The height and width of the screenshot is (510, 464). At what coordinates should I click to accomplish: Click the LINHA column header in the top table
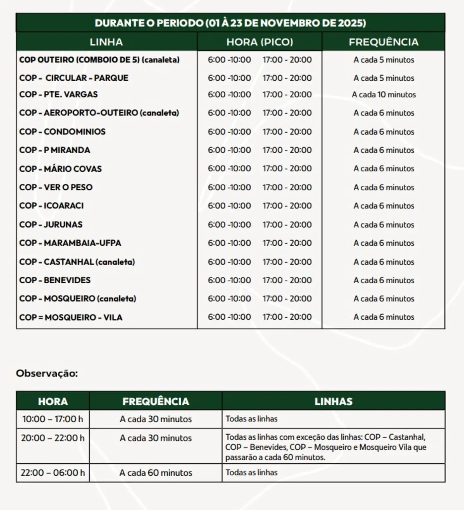click(106, 42)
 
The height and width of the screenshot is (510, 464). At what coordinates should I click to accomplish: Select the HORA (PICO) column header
click(260, 42)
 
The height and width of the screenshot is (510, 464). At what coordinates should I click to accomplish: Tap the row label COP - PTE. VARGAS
click(58, 94)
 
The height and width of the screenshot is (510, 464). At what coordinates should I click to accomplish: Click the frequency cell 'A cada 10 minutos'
click(383, 95)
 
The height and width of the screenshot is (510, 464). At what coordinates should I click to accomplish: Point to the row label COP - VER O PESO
click(56, 187)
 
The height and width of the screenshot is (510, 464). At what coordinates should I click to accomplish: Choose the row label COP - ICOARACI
click(51, 206)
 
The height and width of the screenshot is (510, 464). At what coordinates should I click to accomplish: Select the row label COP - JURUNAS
click(51, 224)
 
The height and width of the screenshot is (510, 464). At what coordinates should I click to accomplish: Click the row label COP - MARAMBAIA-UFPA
click(70, 243)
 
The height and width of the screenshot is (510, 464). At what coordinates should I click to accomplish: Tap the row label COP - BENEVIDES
click(55, 280)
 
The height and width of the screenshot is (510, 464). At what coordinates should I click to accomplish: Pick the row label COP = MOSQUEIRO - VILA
click(71, 317)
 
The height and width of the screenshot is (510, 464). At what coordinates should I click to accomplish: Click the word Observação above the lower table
click(47, 374)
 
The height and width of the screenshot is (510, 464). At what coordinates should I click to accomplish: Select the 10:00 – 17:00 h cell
click(53, 419)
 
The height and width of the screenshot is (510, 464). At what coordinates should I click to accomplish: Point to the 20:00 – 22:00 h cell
click(53, 438)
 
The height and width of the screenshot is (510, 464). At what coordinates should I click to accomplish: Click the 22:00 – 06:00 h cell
click(53, 473)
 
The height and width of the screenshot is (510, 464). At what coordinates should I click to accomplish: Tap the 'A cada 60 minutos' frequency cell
click(155, 473)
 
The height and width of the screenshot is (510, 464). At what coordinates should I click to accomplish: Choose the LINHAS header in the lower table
click(333, 401)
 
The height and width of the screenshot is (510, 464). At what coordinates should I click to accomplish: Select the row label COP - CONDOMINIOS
click(62, 132)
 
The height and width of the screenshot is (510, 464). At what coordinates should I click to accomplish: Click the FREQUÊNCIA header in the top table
click(383, 42)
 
